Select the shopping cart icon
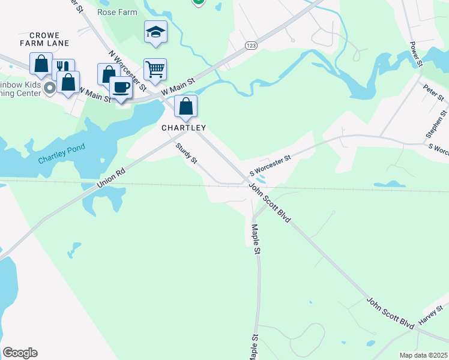click(155, 70)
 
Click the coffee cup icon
click(121, 87)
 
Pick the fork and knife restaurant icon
click(62, 68)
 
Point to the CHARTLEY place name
click(184, 128)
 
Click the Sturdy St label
click(186, 154)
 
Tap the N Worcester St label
click(127, 71)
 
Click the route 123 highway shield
click(250, 45)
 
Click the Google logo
click(20, 353)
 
